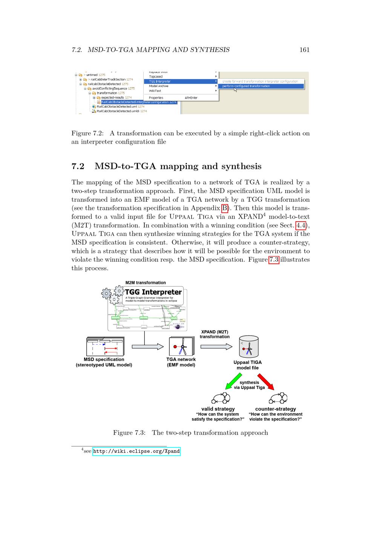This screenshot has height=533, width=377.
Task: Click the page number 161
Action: (304, 50)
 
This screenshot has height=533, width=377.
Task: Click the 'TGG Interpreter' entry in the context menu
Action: (160, 81)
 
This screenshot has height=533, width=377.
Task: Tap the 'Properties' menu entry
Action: (156, 98)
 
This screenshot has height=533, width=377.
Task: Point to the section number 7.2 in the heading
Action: (78, 166)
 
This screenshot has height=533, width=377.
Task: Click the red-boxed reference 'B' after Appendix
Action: (225, 208)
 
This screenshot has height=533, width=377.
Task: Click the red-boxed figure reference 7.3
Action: (274, 260)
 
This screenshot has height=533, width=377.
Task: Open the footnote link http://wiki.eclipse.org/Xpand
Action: (136, 451)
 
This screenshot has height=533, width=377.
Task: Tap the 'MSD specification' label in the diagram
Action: (104, 360)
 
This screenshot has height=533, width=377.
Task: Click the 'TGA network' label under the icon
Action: (181, 360)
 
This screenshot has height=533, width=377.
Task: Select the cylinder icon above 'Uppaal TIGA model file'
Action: (249, 346)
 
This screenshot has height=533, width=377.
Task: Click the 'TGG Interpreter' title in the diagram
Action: (153, 292)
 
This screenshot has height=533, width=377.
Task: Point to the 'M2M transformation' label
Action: (146, 283)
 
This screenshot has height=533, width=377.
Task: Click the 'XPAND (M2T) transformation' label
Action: (215, 334)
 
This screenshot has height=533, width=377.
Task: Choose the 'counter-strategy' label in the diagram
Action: (276, 409)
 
